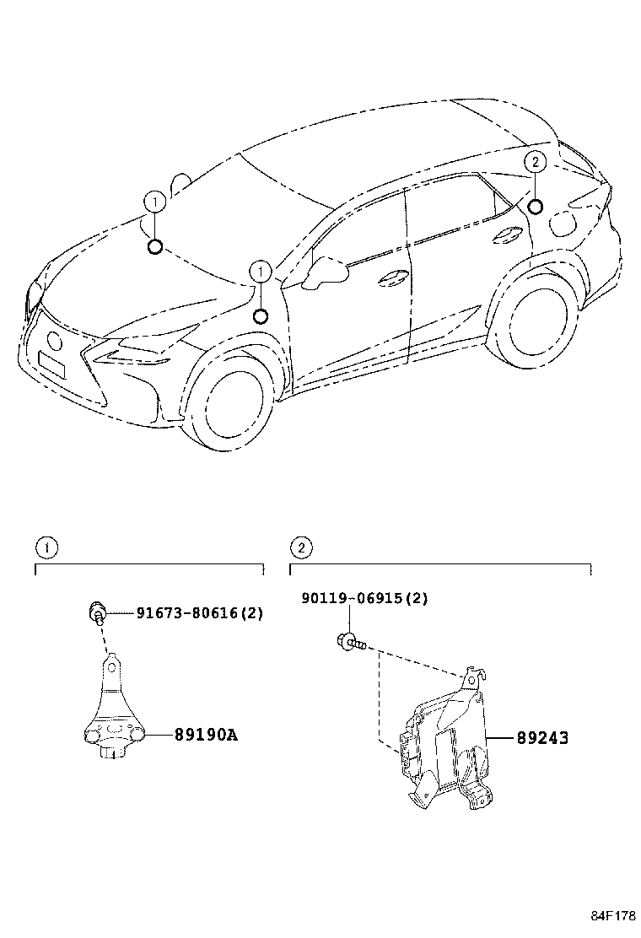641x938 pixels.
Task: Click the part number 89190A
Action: [x=206, y=735]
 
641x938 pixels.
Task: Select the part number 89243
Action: [x=541, y=738]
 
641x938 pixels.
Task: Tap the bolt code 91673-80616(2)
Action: [x=199, y=613]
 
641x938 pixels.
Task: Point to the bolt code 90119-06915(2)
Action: [x=365, y=598]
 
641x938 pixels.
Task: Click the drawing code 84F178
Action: [x=611, y=915]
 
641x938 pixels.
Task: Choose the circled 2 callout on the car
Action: [x=535, y=162]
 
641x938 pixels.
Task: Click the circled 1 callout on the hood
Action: [x=154, y=202]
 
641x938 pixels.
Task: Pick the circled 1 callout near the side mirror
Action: [x=261, y=272]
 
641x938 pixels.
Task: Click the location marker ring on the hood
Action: [x=154, y=246]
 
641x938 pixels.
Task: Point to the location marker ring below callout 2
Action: [x=535, y=207]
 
